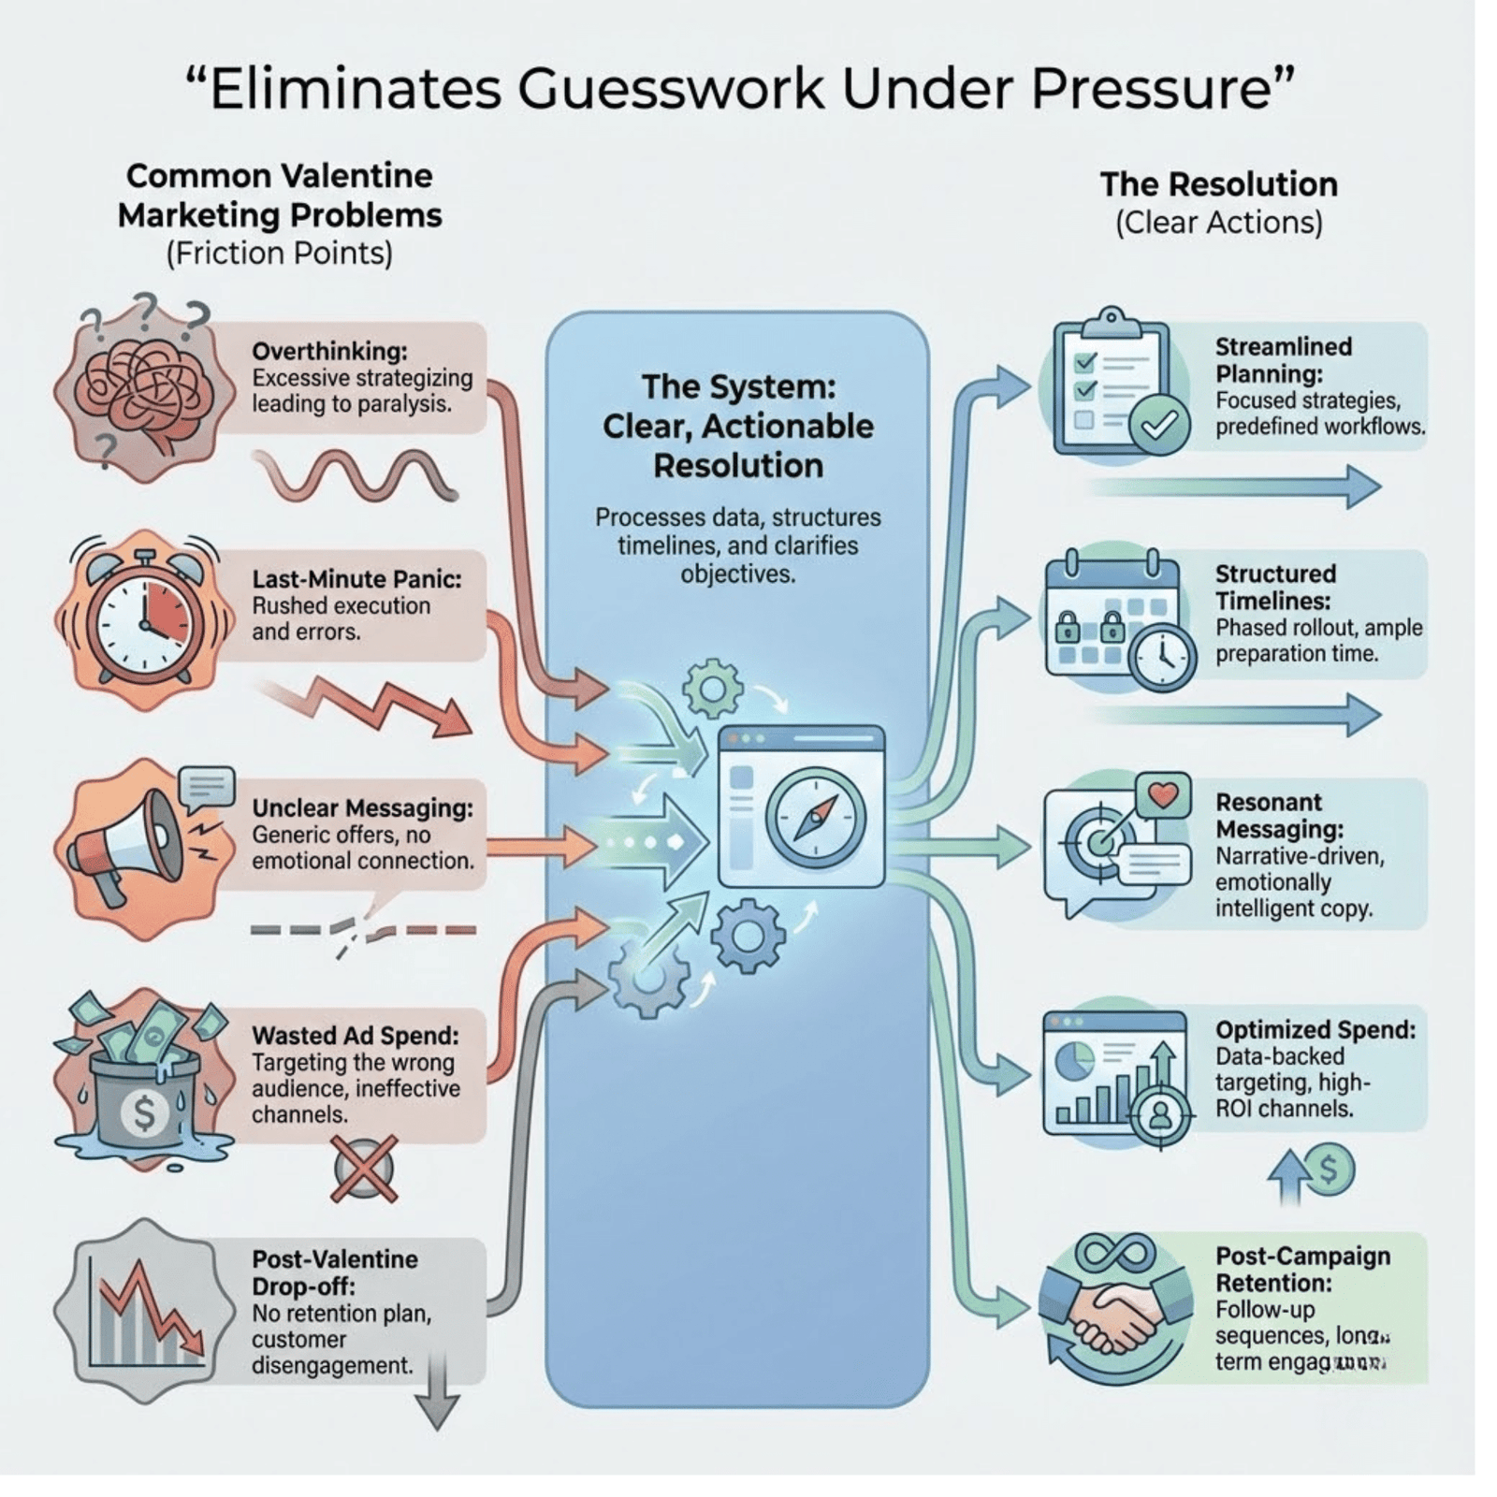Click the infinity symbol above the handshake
pyautogui.click(x=1114, y=1251)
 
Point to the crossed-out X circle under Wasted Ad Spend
pyautogui.click(x=364, y=1169)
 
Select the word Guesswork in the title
pyautogui.click(x=671, y=89)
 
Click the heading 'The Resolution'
pyautogui.click(x=1218, y=184)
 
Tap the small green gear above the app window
pyautogui.click(x=712, y=689)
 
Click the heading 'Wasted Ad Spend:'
pyautogui.click(x=356, y=1035)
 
